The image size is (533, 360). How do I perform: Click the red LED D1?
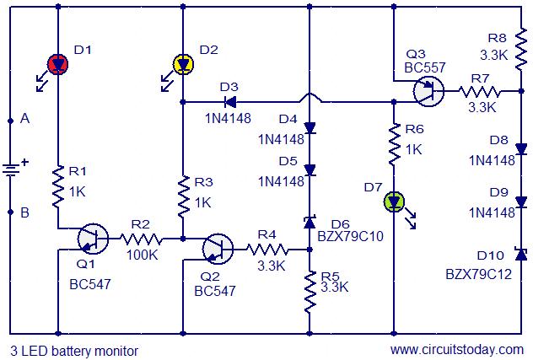pos(58,64)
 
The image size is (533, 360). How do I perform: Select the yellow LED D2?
pos(183,64)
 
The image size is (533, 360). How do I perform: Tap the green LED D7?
pos(394,202)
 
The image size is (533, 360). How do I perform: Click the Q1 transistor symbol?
pos(93,239)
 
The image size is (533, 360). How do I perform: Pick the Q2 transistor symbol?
pos(218,250)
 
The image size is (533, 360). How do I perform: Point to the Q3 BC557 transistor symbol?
pos(428,91)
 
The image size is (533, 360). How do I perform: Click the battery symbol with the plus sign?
pos(11,169)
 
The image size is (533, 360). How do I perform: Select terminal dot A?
pos(10,121)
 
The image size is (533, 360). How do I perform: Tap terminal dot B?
pos(10,212)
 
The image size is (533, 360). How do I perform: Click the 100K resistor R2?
pos(141,239)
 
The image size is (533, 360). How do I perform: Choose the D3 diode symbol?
pos(230,102)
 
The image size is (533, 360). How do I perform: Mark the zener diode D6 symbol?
pos(310,222)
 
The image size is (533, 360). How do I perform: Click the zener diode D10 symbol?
pos(521,254)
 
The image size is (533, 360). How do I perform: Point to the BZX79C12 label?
pos(479,274)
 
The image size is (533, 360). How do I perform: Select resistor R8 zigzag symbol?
pos(520,50)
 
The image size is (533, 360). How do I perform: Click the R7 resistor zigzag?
pos(479,91)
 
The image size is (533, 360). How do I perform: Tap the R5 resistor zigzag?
pos(310,292)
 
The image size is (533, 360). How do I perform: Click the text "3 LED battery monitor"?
pos(74,351)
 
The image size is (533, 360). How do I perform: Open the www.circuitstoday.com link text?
pos(457,350)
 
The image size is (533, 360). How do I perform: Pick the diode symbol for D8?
pos(521,149)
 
